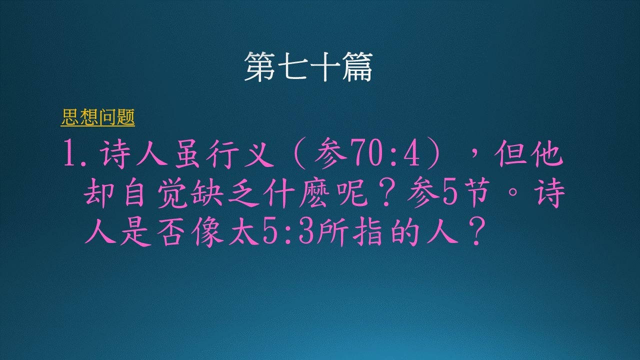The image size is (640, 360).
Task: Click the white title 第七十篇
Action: [x=308, y=67]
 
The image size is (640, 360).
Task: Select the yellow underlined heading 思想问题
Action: [x=97, y=117]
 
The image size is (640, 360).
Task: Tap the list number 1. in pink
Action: [x=74, y=155]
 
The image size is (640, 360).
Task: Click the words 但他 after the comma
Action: [x=529, y=154]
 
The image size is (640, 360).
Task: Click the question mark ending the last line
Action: [x=476, y=231]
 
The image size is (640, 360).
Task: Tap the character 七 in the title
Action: [x=292, y=67]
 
